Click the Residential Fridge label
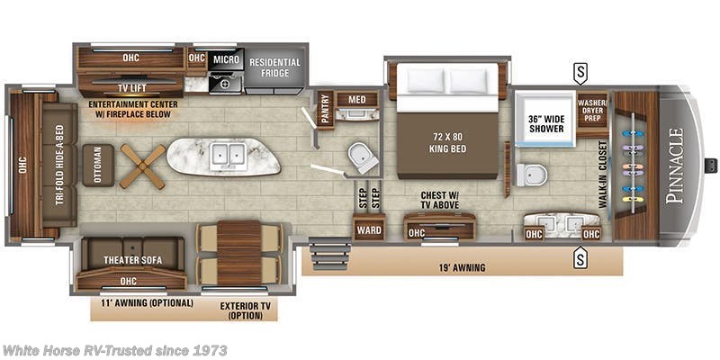pyautogui.click(x=275, y=67)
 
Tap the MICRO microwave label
pyautogui.click(x=226, y=59)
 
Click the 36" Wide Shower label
pyautogui.click(x=546, y=122)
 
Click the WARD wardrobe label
pyautogui.click(x=367, y=230)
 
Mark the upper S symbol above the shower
pyautogui.click(x=581, y=71)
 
